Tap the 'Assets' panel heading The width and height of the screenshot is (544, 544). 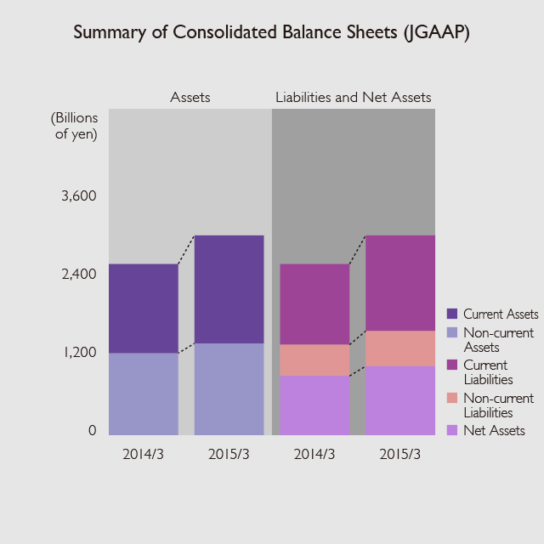tap(190, 98)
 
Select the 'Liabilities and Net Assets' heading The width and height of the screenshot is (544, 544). tap(353, 98)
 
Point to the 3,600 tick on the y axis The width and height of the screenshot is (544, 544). tap(79, 196)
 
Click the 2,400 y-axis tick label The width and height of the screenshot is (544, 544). tap(79, 275)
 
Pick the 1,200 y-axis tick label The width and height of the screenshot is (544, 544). tap(79, 353)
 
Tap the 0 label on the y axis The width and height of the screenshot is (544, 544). tap(92, 431)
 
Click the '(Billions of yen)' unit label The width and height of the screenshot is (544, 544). tap(75, 125)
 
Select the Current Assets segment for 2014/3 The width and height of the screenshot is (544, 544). tap(144, 309)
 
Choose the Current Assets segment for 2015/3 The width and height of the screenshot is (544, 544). tap(229, 289)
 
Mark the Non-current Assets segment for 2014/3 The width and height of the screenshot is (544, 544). tap(144, 394)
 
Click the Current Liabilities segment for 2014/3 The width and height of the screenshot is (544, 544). tap(314, 304)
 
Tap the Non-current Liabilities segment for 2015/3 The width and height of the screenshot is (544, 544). tap(400, 348)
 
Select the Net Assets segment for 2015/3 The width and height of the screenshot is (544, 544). tap(400, 400)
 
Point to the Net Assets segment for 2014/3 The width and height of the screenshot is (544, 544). tap(314, 405)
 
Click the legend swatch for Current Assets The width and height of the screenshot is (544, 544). tap(452, 314)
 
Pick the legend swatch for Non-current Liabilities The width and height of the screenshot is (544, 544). tap(452, 398)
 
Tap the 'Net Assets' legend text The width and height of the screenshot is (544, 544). tap(494, 431)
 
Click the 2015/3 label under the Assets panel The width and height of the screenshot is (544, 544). tap(229, 454)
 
